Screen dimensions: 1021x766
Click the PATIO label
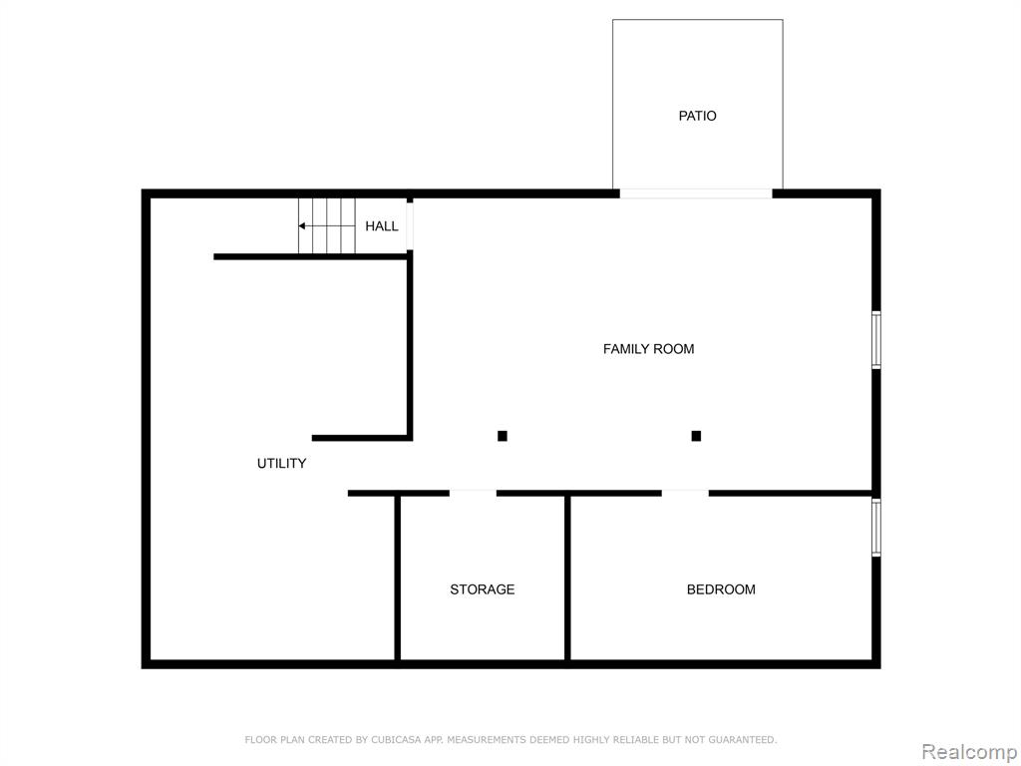[697, 116]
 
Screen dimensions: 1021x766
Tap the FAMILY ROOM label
[648, 349]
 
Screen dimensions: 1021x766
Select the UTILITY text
[281, 463]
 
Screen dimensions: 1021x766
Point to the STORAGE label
[482, 589]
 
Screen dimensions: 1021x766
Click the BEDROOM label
[721, 589]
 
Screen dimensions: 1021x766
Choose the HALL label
[382, 226]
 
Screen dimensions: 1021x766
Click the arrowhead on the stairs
[301, 226]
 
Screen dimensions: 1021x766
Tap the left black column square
[503, 436]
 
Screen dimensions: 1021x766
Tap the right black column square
[696, 436]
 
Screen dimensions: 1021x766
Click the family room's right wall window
[876, 340]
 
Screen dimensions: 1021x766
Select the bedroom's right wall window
[876, 528]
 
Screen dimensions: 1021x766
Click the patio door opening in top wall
[696, 193]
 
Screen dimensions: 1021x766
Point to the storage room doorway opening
[473, 493]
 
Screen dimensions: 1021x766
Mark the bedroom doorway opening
[685, 493]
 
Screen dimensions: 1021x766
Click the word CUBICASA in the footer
[394, 740]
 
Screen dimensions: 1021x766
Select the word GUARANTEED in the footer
[742, 740]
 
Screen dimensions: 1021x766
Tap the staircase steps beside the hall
[327, 225]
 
